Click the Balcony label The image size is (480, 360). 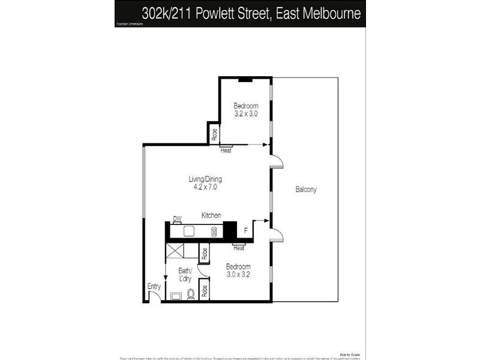[306, 190]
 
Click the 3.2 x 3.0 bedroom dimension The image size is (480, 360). [245, 113]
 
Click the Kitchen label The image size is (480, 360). [211, 215]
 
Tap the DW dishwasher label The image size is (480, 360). [177, 218]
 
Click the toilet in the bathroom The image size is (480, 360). [191, 294]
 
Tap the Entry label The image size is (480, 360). [154, 287]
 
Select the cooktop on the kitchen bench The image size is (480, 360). [214, 231]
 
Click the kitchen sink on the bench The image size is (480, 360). [187, 231]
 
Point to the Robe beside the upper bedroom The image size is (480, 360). [214, 134]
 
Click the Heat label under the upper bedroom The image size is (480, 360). [226, 151]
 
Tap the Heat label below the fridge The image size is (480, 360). [239, 248]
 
